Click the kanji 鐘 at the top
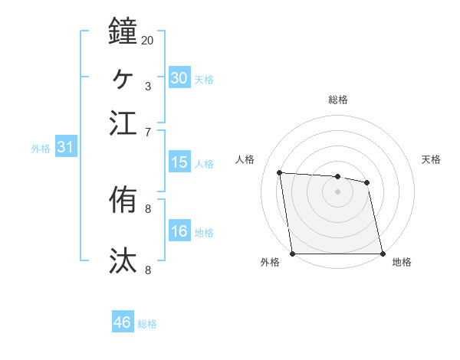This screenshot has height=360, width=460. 123,31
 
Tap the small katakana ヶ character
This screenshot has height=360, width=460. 123,77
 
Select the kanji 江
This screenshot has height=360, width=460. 123,123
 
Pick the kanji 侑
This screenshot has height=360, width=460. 123,201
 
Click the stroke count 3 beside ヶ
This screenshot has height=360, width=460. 148,86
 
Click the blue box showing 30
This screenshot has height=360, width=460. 179,77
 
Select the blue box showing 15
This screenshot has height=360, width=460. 179,162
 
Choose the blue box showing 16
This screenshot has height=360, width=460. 179,232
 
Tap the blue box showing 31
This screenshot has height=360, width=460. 64,148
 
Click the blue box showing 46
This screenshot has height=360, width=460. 123,322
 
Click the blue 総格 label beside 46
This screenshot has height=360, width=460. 147,324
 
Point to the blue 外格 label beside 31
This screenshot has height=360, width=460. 41,149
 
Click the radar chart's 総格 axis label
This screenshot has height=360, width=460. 338,100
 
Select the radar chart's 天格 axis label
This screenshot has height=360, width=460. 432,159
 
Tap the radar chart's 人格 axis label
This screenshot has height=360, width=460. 245,159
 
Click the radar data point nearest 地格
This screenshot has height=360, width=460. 383,254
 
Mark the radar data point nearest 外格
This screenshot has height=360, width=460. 292,254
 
